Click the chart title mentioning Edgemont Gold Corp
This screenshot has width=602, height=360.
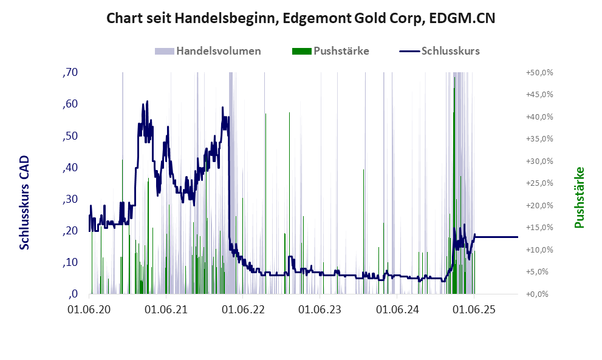[x=301, y=18]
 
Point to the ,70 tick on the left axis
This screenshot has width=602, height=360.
[x=70, y=72]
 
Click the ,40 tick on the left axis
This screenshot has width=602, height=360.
[x=70, y=168]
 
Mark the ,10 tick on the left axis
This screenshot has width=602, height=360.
[x=70, y=262]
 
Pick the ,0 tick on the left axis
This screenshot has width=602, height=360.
[x=72, y=294]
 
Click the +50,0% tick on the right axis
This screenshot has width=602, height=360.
[x=539, y=72]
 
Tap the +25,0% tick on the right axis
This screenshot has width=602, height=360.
[x=539, y=183]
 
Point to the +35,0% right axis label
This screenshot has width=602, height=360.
[x=539, y=139]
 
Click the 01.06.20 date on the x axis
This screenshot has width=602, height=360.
[x=89, y=310]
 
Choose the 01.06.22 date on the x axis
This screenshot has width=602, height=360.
[x=244, y=310]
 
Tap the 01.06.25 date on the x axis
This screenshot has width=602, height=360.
[x=474, y=310]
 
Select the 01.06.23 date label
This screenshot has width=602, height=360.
[x=321, y=310]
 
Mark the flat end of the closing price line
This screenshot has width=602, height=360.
[x=516, y=237]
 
